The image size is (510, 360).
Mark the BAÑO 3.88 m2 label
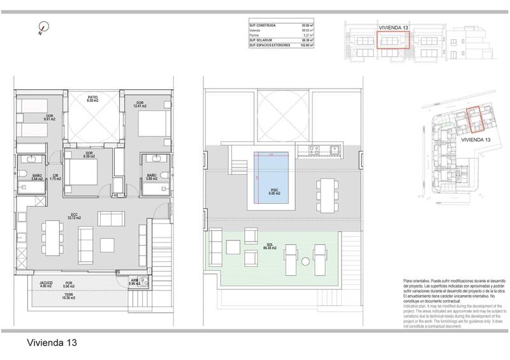click(151, 176)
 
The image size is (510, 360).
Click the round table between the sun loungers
click(306, 260)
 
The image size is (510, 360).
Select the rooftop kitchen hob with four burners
click(314, 151)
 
